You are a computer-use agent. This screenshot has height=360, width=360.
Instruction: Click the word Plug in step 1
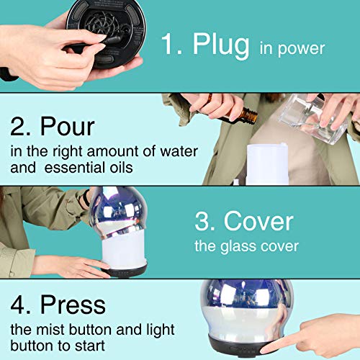point(221,45)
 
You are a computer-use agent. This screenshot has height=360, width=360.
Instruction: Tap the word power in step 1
point(302,49)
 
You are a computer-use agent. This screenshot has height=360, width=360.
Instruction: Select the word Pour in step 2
point(68,127)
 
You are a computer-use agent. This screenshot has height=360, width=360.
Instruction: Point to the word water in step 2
point(179,152)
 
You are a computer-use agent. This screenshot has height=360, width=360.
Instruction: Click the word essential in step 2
point(76,167)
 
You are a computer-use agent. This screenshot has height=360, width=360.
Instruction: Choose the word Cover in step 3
point(258,222)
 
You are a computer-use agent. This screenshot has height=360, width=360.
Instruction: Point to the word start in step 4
point(90,346)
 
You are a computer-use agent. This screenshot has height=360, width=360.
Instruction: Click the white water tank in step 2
point(267,163)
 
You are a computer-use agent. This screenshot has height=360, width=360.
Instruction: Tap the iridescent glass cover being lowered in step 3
point(117,211)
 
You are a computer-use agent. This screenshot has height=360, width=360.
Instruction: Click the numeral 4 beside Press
point(17,305)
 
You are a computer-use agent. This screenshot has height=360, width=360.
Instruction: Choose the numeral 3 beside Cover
point(201,222)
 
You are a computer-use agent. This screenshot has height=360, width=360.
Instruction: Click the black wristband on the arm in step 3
point(86,197)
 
